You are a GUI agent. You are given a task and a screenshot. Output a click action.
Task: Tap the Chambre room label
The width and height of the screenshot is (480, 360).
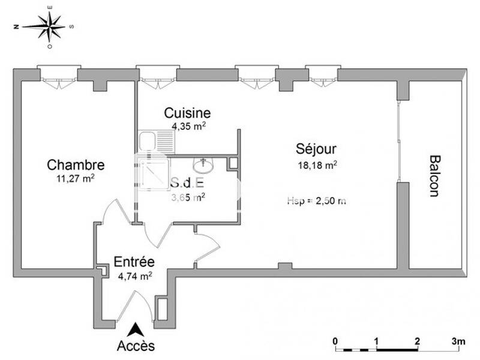[x=76, y=165]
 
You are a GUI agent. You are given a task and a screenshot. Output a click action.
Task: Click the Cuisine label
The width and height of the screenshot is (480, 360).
[x=187, y=113]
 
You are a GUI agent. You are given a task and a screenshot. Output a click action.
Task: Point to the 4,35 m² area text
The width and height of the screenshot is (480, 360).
[x=189, y=126]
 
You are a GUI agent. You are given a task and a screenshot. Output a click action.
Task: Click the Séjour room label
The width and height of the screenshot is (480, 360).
[x=316, y=149]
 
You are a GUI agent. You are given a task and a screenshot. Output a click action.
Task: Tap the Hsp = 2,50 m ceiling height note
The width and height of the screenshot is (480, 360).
[x=316, y=201]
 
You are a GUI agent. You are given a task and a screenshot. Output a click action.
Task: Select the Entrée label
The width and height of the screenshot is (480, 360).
[x=134, y=262]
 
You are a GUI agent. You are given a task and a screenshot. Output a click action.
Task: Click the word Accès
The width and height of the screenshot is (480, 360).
[x=136, y=346]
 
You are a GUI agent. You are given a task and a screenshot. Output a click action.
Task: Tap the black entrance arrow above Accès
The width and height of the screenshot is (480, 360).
[x=136, y=329]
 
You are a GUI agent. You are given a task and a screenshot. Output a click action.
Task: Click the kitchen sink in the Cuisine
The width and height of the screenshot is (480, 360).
[x=148, y=142]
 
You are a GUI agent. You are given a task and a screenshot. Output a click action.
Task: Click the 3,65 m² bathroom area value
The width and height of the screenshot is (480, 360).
[x=188, y=196]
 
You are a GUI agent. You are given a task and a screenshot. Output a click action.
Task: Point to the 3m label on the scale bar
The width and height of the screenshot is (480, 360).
[x=458, y=341]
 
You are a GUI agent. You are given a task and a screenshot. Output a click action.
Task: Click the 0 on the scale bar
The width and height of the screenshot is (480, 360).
[x=336, y=341]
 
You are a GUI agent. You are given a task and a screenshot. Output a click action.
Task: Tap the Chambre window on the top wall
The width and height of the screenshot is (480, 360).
[x=58, y=75]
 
